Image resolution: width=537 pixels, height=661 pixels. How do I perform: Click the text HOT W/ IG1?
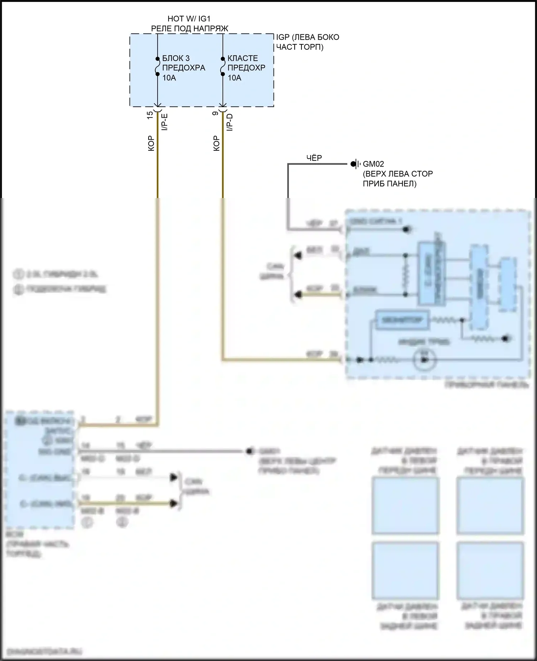tap(189, 19)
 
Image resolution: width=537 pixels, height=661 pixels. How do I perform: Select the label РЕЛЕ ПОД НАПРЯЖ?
tap(189, 29)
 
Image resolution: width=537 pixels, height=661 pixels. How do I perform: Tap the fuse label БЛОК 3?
tap(176, 58)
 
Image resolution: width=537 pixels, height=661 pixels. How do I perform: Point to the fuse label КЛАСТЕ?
tap(242, 58)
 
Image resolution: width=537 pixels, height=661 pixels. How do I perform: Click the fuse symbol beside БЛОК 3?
tap(157, 67)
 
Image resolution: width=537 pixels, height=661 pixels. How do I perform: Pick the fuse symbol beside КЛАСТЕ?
tap(223, 67)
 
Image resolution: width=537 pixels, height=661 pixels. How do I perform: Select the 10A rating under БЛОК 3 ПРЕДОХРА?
tap(169, 78)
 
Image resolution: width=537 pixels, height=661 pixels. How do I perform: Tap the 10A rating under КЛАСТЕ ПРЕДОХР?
tap(234, 78)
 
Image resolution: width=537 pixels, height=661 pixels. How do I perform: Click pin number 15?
tap(150, 115)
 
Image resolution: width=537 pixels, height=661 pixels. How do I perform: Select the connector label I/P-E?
tap(165, 122)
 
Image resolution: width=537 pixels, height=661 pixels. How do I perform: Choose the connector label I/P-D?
tap(230, 122)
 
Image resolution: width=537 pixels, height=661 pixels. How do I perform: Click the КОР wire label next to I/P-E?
tap(151, 143)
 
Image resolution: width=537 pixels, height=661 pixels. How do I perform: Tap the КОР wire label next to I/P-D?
tap(216, 143)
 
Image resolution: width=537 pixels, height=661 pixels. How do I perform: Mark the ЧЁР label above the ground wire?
tap(314, 158)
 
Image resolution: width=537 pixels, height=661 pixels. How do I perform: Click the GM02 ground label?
tap(373, 164)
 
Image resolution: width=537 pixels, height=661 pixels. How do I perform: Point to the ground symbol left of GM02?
tap(355, 164)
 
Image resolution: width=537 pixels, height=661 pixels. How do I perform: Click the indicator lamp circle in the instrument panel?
tap(425, 360)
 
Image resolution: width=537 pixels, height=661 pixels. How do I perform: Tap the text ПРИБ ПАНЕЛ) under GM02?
tap(390, 184)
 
